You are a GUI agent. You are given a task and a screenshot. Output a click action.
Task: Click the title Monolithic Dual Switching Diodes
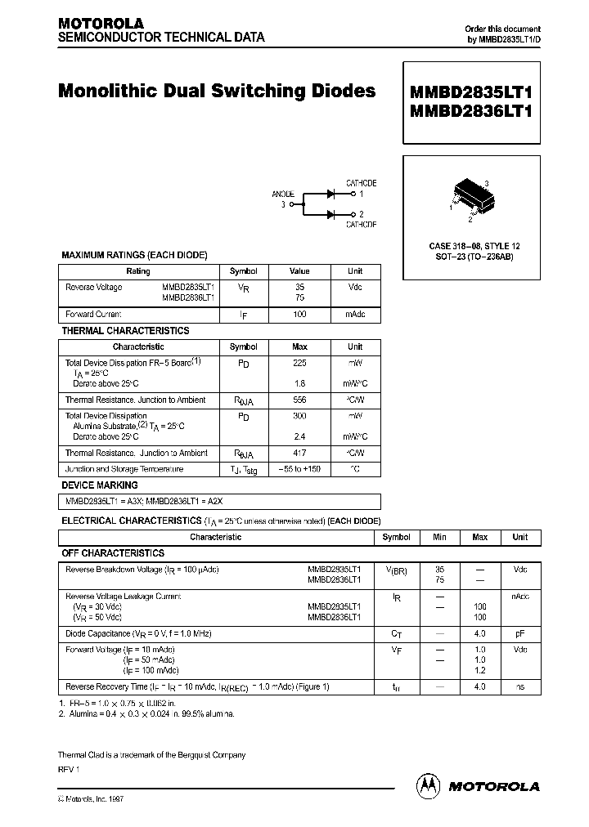[x=217, y=91]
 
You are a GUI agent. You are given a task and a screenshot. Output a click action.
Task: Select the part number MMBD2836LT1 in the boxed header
[x=471, y=112]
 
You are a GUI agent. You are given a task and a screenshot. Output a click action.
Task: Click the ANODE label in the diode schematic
[x=283, y=194]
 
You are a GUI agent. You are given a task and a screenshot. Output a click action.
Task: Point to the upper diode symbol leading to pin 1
[x=332, y=194]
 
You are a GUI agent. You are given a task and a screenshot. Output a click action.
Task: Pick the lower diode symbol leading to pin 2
[x=332, y=214]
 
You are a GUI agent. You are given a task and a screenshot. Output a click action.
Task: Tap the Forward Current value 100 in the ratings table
[x=299, y=315]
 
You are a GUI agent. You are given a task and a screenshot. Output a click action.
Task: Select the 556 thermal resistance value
[x=299, y=400]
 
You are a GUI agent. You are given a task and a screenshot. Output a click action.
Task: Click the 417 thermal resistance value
[x=299, y=454]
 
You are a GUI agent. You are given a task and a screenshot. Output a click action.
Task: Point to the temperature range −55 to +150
[x=299, y=470]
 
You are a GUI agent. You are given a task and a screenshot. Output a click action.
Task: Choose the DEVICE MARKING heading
[x=100, y=485]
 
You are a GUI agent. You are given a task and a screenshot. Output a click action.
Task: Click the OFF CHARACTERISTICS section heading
[x=113, y=553]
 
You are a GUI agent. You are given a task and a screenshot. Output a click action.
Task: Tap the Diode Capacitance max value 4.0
[x=479, y=633]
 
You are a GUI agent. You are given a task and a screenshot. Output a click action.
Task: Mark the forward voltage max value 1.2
[x=479, y=669]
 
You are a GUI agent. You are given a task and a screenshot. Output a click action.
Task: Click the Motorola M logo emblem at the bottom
[x=428, y=785]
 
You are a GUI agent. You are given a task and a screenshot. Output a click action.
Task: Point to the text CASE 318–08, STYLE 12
[x=474, y=246]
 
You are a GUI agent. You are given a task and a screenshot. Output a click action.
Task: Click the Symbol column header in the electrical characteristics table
[x=397, y=538]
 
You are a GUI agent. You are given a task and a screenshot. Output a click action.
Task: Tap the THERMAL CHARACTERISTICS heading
[x=125, y=331]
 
